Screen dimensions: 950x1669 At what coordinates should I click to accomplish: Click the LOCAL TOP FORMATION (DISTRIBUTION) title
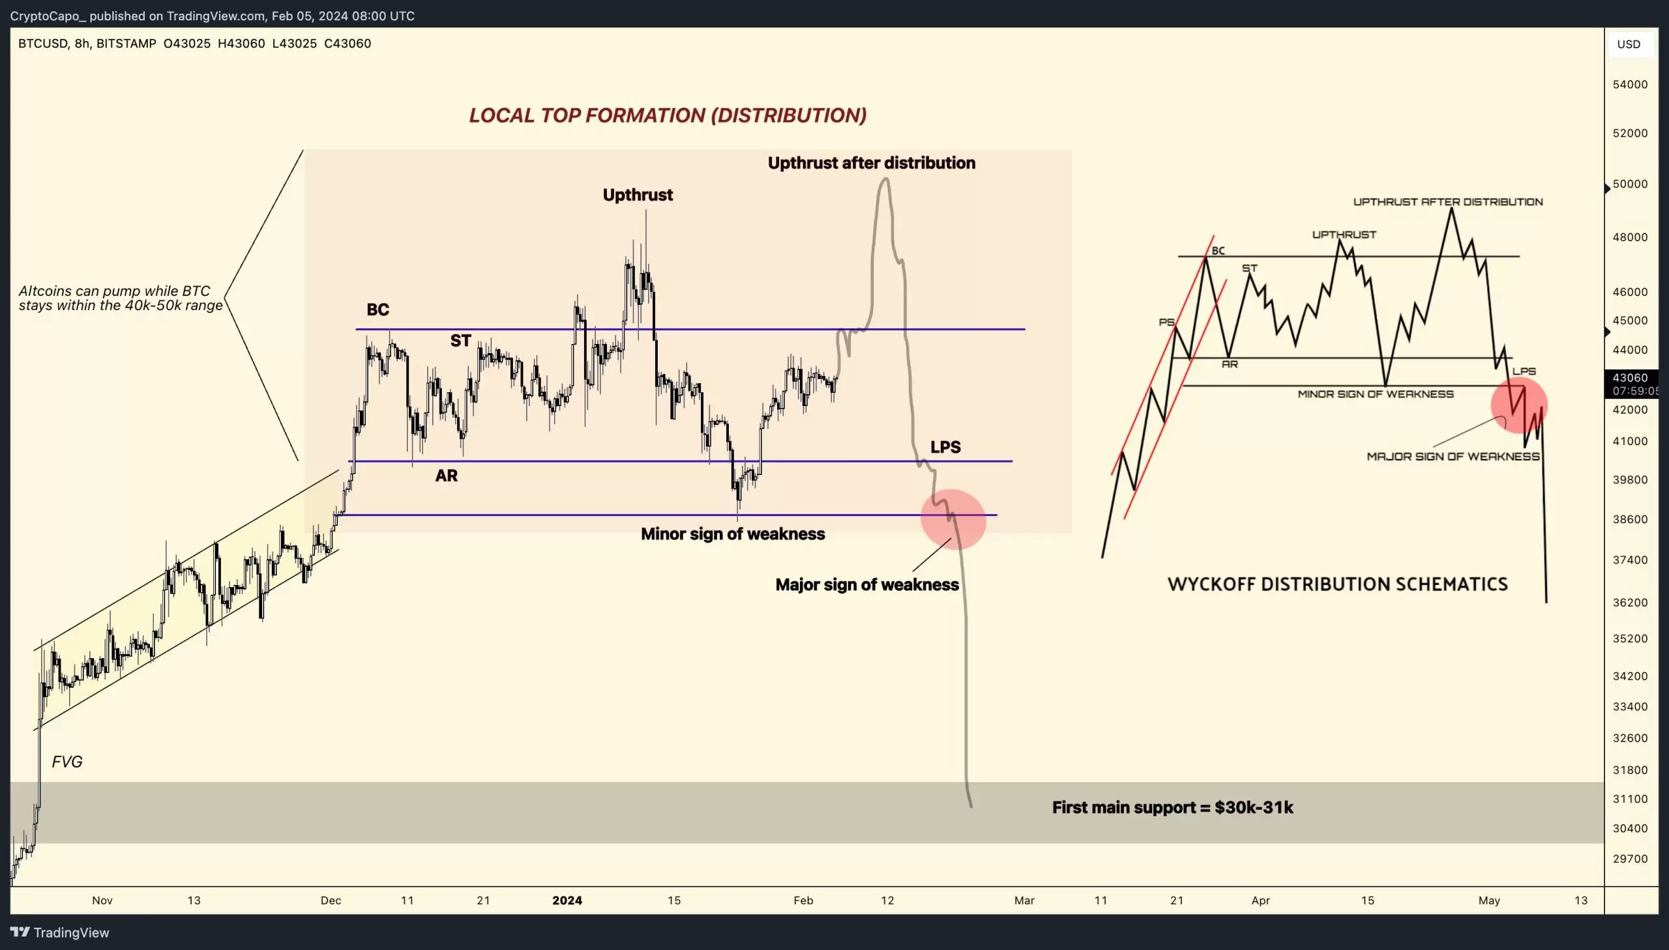click(x=667, y=115)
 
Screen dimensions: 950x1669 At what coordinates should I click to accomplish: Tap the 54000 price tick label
click(x=1629, y=84)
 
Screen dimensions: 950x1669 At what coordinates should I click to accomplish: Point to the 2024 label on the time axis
click(x=567, y=900)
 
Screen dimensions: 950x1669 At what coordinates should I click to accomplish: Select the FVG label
click(x=66, y=762)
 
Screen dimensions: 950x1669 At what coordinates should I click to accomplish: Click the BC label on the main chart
click(x=377, y=309)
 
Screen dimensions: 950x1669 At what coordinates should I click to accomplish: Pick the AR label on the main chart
click(x=447, y=476)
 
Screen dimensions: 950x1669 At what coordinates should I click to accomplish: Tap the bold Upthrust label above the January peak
click(x=637, y=194)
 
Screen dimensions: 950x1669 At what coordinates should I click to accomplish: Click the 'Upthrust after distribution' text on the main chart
click(x=871, y=162)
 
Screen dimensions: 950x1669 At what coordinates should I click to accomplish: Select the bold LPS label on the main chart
click(x=945, y=447)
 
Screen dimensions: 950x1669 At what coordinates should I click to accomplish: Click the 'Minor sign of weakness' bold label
click(x=732, y=534)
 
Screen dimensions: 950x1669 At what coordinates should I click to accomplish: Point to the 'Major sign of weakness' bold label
click(x=866, y=584)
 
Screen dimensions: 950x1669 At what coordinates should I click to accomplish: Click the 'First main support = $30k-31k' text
click(x=1172, y=807)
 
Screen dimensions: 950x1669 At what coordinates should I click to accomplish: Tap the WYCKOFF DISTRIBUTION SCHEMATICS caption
click(x=1337, y=584)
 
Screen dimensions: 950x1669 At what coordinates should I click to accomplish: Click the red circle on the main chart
click(x=953, y=519)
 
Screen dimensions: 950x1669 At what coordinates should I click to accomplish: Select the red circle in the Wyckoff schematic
click(x=1518, y=405)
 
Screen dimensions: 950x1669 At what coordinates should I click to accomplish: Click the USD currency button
click(x=1628, y=44)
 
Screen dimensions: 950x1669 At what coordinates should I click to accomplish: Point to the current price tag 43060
click(x=1629, y=378)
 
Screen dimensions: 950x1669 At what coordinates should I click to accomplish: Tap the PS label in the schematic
click(x=1166, y=323)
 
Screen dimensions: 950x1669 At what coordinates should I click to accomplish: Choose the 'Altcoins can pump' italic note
click(x=120, y=298)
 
